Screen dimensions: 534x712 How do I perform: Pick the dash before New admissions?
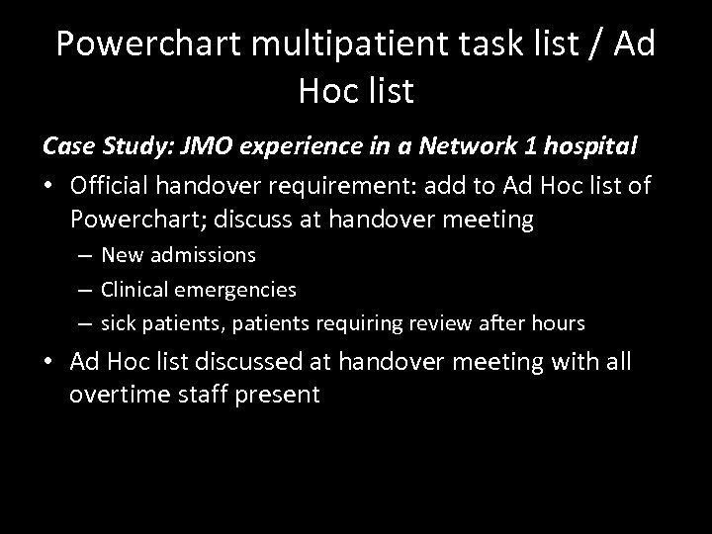coord(88,255)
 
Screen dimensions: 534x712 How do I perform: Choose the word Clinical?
coord(144,289)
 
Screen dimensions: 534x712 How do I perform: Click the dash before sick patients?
coord(88,322)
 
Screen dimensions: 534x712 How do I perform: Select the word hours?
coord(560,322)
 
